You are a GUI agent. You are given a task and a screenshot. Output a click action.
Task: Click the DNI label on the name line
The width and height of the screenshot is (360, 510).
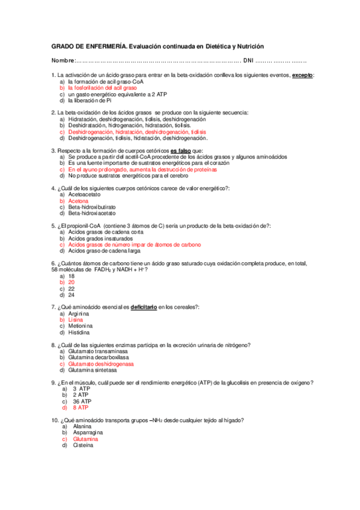tap(248, 61)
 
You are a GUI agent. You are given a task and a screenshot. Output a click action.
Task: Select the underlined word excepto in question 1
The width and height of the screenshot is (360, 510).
tap(303, 75)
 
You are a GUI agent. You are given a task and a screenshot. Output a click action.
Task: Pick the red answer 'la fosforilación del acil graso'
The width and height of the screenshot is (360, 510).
tap(102, 88)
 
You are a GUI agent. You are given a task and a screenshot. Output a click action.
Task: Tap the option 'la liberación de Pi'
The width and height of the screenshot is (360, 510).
tap(90, 101)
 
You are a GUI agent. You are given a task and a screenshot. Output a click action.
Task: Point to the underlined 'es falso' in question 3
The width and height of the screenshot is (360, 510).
tap(182, 151)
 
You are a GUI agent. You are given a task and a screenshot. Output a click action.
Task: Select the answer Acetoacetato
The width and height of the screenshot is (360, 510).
tap(85, 195)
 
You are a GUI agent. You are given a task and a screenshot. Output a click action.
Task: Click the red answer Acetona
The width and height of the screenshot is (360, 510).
tap(78, 201)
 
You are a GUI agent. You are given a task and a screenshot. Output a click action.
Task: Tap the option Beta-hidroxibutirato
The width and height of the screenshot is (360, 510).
tap(92, 207)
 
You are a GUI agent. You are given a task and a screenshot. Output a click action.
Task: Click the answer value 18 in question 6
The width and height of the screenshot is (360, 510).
tap(72, 276)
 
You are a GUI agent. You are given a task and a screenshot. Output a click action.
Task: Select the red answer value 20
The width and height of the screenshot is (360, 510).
tap(72, 282)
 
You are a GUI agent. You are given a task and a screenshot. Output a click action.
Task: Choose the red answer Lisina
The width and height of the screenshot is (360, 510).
tap(76, 320)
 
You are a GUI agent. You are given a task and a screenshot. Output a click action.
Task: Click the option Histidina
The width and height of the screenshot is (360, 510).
tap(79, 333)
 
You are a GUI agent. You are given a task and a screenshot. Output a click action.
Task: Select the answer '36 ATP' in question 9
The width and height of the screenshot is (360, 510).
tap(81, 401)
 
